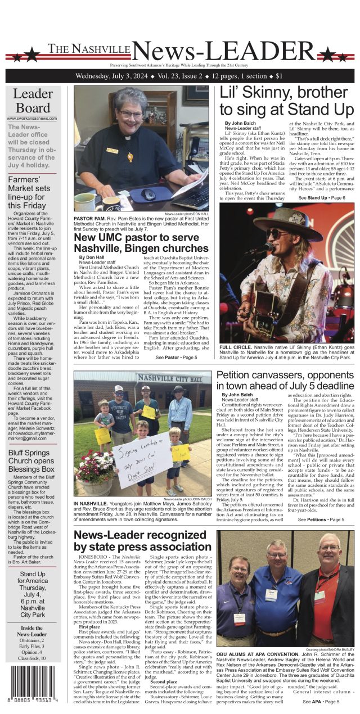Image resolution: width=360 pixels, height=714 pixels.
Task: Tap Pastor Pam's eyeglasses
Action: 130,115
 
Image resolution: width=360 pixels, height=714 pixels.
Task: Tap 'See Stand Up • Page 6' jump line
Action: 321,198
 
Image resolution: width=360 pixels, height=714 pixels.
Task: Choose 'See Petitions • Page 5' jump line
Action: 321,519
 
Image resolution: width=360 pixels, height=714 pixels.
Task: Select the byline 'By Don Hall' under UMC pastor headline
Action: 92,257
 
